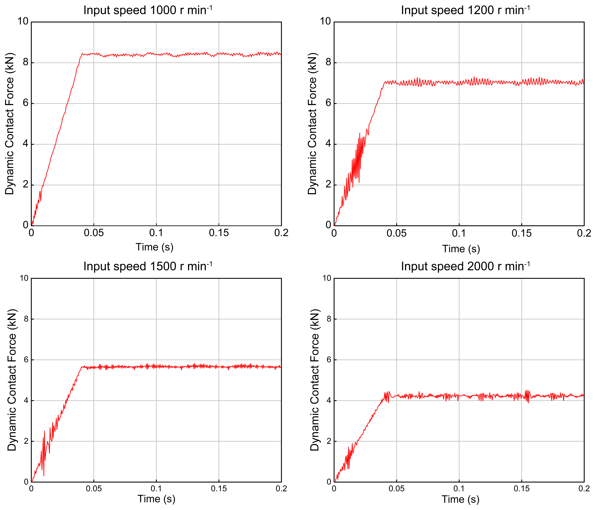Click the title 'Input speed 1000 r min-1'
pyautogui.click(x=148, y=10)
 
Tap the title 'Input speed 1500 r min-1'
pyautogui.click(x=148, y=266)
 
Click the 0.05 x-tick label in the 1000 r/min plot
pyautogui.click(x=94, y=233)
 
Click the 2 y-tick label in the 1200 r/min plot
pyautogui.click(x=328, y=185)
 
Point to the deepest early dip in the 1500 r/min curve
pyautogui.click(x=44, y=475)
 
